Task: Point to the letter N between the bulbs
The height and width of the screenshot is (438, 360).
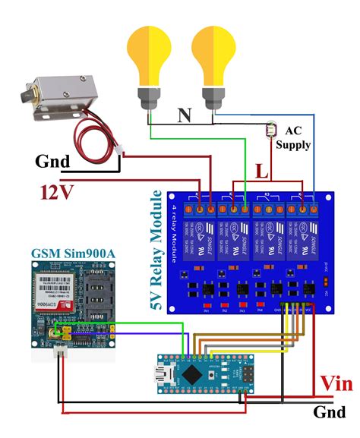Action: pos(184,115)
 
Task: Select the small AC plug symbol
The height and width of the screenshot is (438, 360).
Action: pos(271,130)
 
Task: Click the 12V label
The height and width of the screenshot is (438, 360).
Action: pos(56,191)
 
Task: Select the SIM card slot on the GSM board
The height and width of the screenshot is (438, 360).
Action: pos(98,292)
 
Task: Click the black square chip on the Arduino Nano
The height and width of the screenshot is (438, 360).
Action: pos(196,373)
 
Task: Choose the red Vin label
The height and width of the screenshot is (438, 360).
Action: pos(335,383)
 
